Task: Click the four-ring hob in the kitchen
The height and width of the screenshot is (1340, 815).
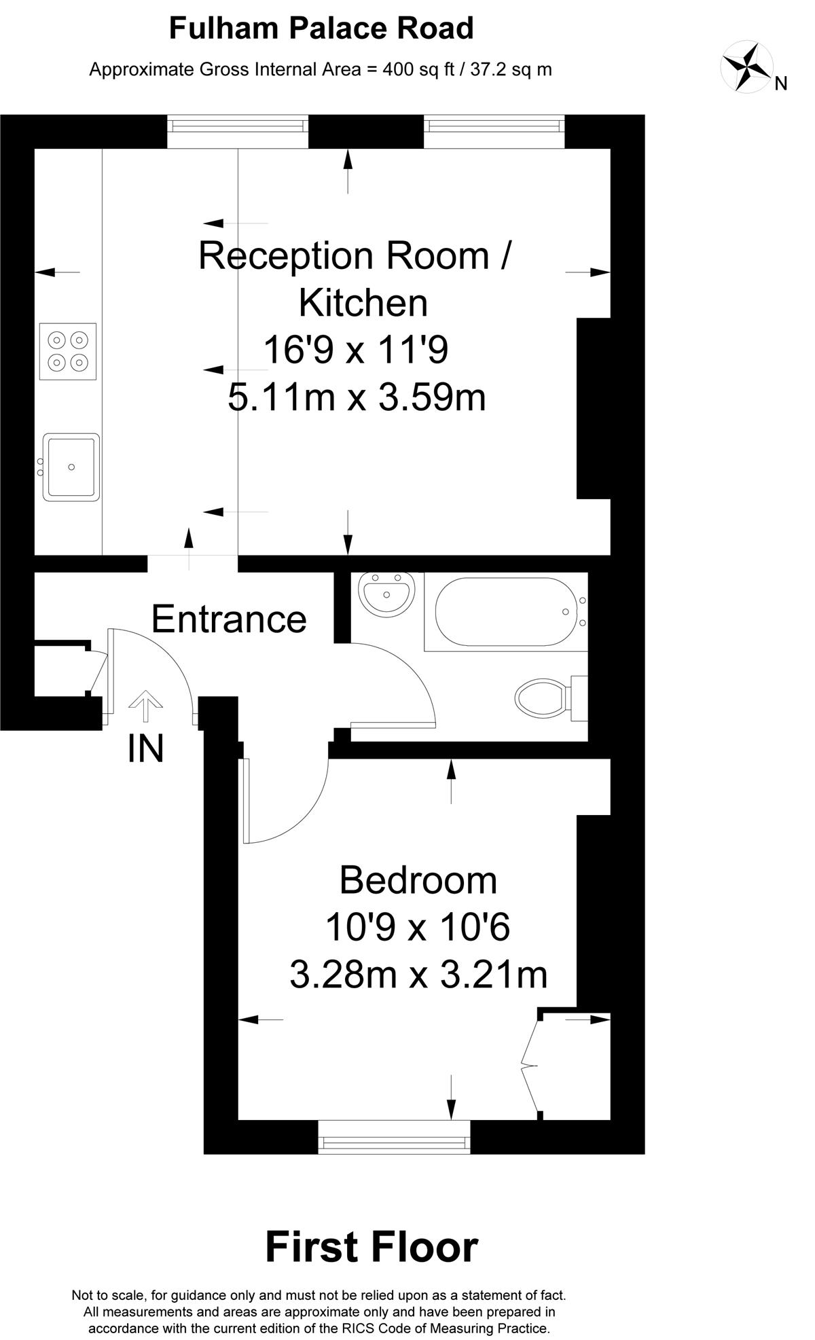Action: coord(68,351)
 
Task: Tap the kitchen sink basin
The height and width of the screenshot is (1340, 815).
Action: coord(71,467)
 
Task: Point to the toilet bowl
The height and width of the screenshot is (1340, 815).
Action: coord(541,698)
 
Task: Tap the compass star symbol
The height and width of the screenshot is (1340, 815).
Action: coord(746,66)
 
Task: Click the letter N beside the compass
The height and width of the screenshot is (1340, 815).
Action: coord(781,84)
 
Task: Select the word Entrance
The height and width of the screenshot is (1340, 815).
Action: coord(229,619)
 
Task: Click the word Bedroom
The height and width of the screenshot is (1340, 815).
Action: coord(418,880)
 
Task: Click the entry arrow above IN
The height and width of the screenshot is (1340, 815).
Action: coord(145,706)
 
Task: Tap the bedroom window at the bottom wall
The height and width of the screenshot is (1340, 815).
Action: coord(395,1137)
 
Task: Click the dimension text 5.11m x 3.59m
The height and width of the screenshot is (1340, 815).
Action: coord(357,397)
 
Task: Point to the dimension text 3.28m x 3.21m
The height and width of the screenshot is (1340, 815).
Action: coord(418,975)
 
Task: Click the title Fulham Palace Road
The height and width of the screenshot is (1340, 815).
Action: coord(321,29)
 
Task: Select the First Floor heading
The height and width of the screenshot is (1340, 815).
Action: coord(372,1247)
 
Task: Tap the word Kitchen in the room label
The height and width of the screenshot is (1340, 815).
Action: coord(363,303)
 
